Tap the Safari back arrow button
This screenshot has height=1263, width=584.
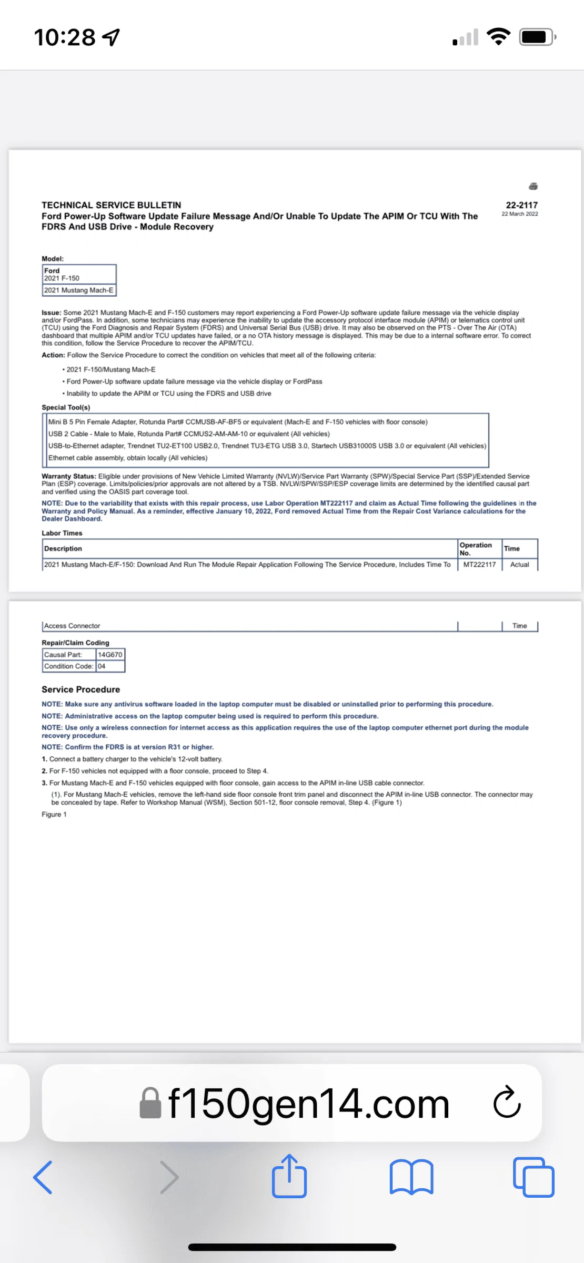tap(43, 1177)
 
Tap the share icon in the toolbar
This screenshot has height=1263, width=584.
tap(289, 1176)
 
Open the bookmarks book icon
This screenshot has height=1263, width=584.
tap(411, 1177)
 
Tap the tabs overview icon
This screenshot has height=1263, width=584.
tap(533, 1177)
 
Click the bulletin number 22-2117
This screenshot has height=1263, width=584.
tap(521, 205)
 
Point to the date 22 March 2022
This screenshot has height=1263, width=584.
tap(519, 214)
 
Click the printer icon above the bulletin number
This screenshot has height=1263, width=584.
tap(533, 186)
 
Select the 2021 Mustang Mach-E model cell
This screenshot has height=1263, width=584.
tap(79, 290)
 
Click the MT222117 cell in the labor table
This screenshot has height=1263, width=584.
tap(479, 565)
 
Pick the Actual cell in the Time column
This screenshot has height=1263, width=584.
tap(519, 565)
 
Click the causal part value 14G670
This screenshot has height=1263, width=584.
tap(110, 655)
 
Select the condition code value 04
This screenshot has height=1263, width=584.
tap(102, 666)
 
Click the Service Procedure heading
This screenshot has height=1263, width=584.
tap(80, 689)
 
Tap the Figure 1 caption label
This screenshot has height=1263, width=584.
tap(54, 815)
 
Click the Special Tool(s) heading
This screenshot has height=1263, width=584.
tap(66, 407)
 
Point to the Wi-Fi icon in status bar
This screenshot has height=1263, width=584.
tap(498, 37)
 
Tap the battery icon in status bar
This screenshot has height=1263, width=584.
tap(537, 37)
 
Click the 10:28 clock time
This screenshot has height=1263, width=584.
tap(65, 37)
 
